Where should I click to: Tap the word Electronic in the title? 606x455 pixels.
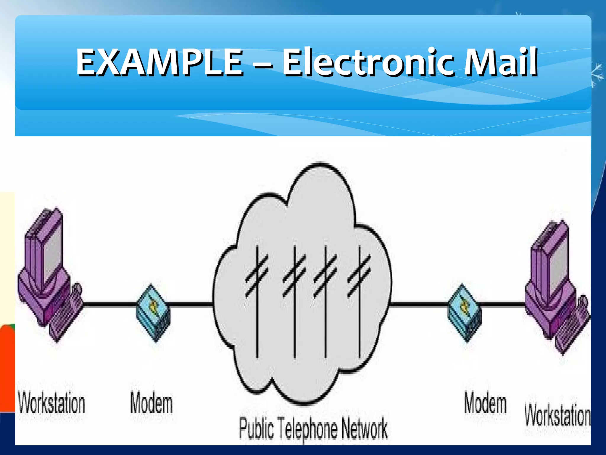[367, 63]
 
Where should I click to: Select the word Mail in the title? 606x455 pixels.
[500, 63]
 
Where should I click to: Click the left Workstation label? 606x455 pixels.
[52, 403]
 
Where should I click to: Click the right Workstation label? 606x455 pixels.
[557, 416]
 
